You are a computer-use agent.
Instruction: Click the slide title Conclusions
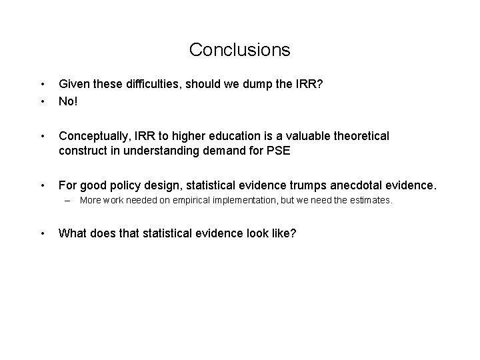(239, 50)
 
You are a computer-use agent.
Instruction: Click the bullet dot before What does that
(42, 233)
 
